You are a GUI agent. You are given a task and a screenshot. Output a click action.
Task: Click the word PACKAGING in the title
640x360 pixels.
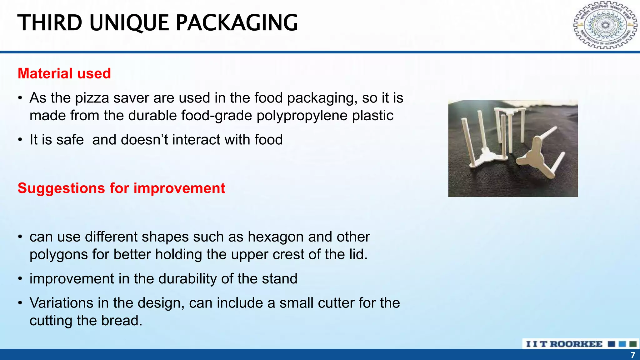[237, 23]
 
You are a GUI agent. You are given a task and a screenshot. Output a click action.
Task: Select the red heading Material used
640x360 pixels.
[64, 73]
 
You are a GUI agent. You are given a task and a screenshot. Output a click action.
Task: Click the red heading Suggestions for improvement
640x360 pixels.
[121, 188]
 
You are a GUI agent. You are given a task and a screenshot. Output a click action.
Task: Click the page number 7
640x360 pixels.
[632, 355]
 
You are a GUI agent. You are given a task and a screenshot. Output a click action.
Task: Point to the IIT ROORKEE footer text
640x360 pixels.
[564, 344]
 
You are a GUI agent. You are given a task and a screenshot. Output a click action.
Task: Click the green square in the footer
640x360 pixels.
[633, 344]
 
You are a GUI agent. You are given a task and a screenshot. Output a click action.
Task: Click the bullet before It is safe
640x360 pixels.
[20, 140]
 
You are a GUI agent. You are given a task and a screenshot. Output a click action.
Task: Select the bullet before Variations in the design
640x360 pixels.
[20, 303]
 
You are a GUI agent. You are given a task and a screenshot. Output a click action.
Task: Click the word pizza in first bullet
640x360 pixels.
[92, 98]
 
